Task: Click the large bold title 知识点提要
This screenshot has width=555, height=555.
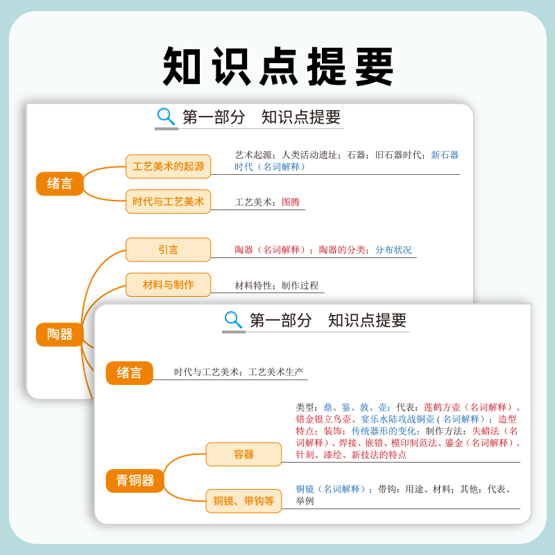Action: click(x=278, y=67)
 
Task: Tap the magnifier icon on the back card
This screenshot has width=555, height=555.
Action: click(x=166, y=117)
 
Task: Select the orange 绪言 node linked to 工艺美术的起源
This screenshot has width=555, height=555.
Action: click(x=60, y=184)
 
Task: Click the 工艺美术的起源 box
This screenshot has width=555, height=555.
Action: click(x=169, y=166)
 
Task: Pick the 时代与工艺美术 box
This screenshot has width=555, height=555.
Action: click(x=169, y=202)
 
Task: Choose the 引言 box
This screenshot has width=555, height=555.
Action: click(x=169, y=250)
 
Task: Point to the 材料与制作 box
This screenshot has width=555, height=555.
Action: click(x=169, y=284)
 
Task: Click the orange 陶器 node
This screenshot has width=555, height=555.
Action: click(x=60, y=334)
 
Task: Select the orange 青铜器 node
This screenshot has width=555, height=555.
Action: click(x=135, y=480)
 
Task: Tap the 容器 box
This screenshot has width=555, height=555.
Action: click(x=244, y=454)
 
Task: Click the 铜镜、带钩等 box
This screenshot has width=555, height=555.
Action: click(x=244, y=501)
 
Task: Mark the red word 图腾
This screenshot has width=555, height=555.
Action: click(x=291, y=203)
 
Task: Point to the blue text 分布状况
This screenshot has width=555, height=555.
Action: click(x=393, y=250)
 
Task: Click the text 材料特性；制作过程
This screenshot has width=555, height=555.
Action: click(x=277, y=285)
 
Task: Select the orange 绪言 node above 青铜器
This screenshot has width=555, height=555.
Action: click(x=129, y=373)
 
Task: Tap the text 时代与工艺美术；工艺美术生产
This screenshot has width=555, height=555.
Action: click(x=239, y=373)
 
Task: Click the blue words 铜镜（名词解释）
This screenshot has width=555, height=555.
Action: click(x=330, y=489)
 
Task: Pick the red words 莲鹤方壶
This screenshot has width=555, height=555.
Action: click(x=442, y=407)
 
